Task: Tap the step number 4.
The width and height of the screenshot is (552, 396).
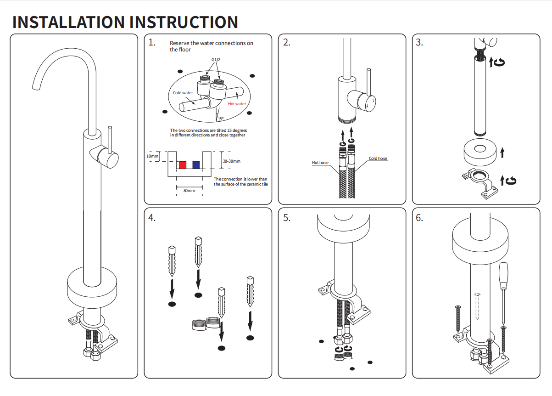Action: (x=152, y=218)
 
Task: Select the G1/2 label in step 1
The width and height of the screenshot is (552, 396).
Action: (x=216, y=60)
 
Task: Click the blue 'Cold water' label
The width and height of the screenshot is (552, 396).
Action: (x=183, y=93)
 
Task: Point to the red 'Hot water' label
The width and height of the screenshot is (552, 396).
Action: (x=237, y=104)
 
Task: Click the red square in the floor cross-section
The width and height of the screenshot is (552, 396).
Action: (x=183, y=165)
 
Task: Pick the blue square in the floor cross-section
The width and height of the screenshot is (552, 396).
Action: (x=196, y=165)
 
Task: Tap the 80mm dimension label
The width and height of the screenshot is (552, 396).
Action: (x=189, y=191)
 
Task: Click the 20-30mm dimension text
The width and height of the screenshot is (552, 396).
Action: (x=232, y=161)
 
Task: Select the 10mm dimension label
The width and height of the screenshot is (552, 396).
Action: (x=152, y=156)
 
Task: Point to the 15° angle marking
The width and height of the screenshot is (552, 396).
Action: (x=221, y=119)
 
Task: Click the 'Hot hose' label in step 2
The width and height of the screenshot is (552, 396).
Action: (x=320, y=163)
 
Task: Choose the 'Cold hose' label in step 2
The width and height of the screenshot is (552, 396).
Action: (x=378, y=158)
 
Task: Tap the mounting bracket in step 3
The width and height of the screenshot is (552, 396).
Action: (x=480, y=184)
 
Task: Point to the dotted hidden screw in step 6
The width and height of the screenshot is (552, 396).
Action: (x=477, y=306)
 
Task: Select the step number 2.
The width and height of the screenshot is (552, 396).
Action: (x=287, y=42)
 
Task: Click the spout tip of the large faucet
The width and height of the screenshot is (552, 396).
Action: (x=36, y=88)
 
